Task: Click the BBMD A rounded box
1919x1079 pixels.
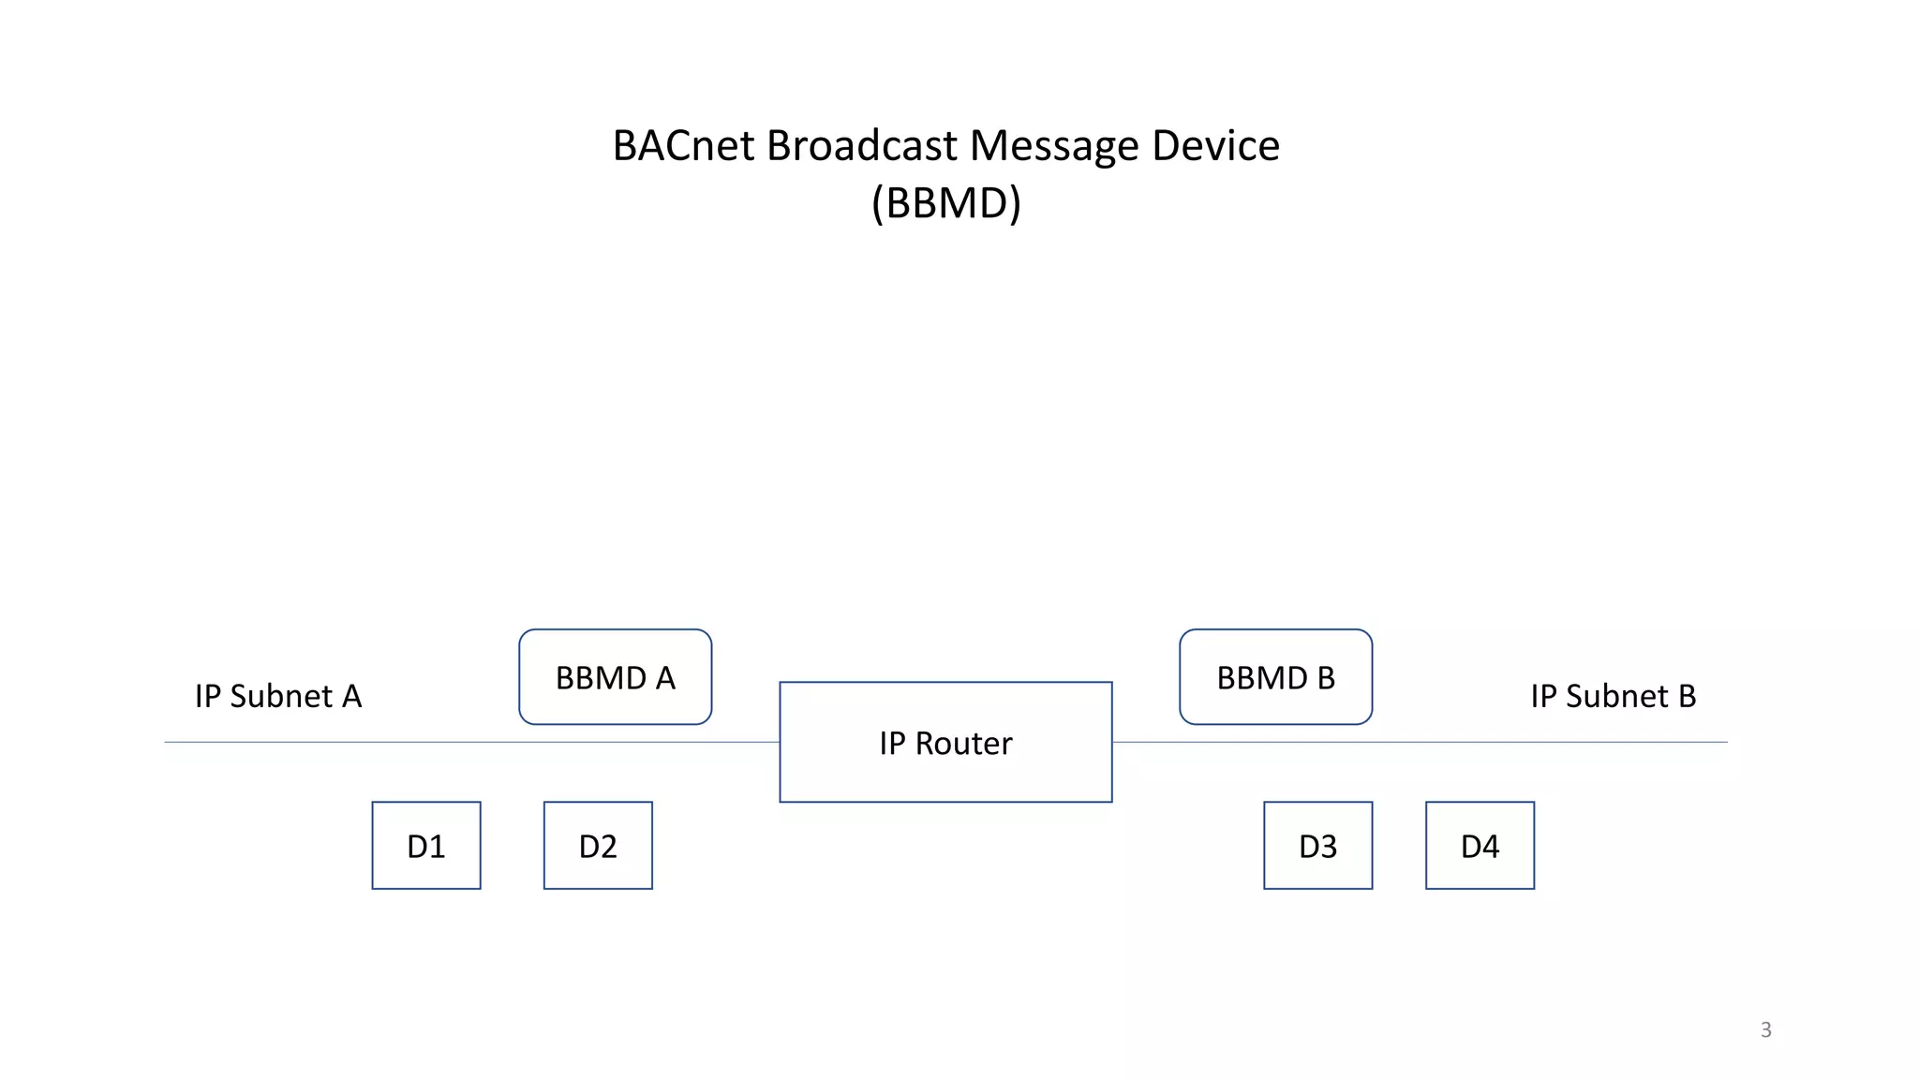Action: click(x=615, y=677)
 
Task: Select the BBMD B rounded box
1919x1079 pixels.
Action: click(x=1275, y=677)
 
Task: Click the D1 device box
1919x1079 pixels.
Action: click(x=426, y=846)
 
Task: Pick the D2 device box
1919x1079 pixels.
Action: click(x=598, y=846)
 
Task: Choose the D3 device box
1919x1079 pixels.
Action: click(x=1317, y=846)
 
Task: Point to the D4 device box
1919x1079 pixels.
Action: click(x=1480, y=846)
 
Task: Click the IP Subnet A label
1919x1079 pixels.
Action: click(x=278, y=697)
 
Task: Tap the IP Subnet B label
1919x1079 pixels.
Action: click(x=1613, y=697)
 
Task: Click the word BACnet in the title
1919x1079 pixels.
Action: click(x=683, y=146)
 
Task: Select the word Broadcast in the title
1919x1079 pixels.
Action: click(x=862, y=146)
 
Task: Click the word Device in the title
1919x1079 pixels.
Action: click(x=1215, y=146)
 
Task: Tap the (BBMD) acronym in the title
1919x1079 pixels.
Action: click(x=945, y=203)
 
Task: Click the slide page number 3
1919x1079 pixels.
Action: click(x=1765, y=1030)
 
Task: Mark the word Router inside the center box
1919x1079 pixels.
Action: click(x=963, y=744)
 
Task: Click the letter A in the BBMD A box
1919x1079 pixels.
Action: click(x=665, y=678)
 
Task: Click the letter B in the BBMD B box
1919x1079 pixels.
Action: click(x=1325, y=678)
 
